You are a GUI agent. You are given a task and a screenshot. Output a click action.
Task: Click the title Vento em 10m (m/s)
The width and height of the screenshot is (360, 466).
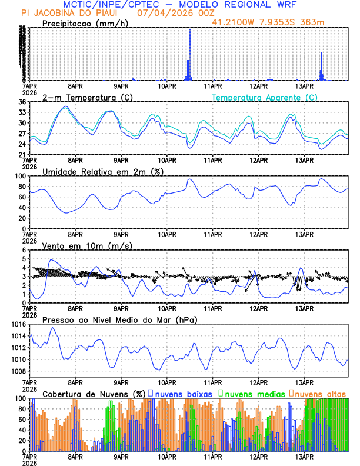pos(88,245)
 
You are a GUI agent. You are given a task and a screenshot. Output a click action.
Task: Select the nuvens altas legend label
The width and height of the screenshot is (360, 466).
pos(321,393)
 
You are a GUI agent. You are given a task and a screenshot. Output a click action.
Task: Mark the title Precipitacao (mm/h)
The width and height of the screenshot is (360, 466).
pos(85,24)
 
